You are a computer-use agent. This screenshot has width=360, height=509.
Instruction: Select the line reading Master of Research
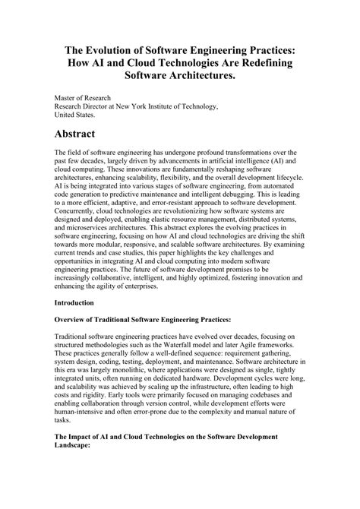pyautogui.click(x=83, y=98)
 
